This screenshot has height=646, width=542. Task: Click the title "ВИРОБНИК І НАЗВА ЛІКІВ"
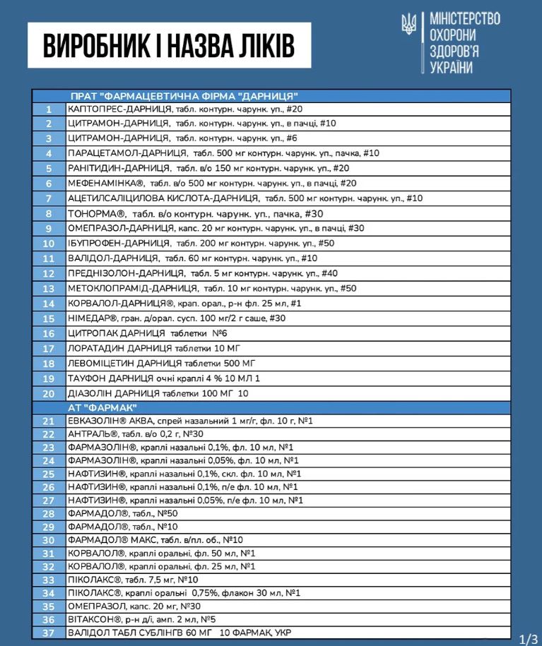pyautogui.click(x=169, y=45)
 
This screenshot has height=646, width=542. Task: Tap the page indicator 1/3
pyautogui.click(x=529, y=639)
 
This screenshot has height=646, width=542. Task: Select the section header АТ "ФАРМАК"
pyautogui.click(x=104, y=407)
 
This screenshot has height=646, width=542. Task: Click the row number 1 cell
pyautogui.click(x=49, y=109)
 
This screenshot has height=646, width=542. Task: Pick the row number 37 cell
pyautogui.click(x=49, y=633)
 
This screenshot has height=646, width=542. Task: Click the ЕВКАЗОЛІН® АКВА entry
pyautogui.click(x=191, y=421)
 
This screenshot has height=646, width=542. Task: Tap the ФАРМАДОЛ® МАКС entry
pyautogui.click(x=155, y=540)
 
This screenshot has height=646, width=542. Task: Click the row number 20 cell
pyautogui.click(x=49, y=393)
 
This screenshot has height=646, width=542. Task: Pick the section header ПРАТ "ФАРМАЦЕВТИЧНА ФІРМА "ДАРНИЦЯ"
pyautogui.click(x=184, y=96)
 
